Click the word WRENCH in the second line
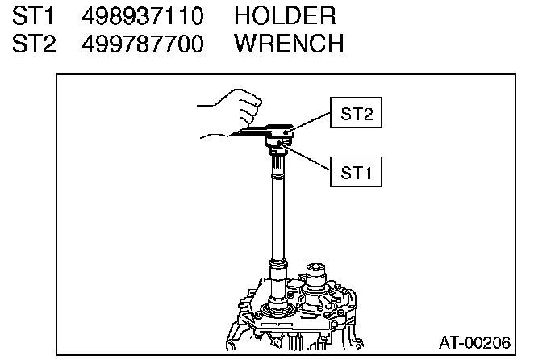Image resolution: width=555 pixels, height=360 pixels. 289,43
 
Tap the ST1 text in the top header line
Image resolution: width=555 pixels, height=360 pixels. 33,15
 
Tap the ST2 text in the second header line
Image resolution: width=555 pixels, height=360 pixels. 33,43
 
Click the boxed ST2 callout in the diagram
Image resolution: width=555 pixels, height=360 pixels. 356,115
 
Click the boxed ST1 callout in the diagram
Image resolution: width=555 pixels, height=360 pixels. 356,171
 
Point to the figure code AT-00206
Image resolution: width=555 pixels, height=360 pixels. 474,342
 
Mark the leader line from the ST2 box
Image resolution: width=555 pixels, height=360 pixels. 311,123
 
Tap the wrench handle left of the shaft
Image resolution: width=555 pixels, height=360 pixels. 242,132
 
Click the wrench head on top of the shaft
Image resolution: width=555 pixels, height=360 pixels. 278,131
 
